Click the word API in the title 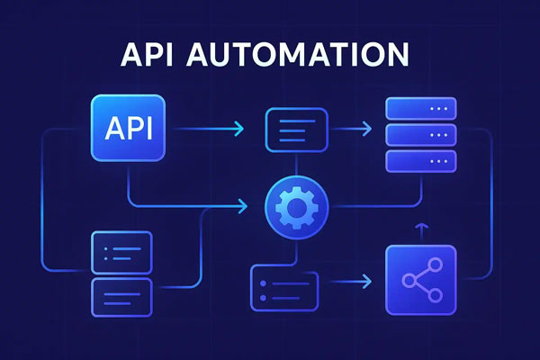(149, 55)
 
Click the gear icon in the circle (297, 208)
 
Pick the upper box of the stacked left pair (121, 252)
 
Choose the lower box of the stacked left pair (121, 293)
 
